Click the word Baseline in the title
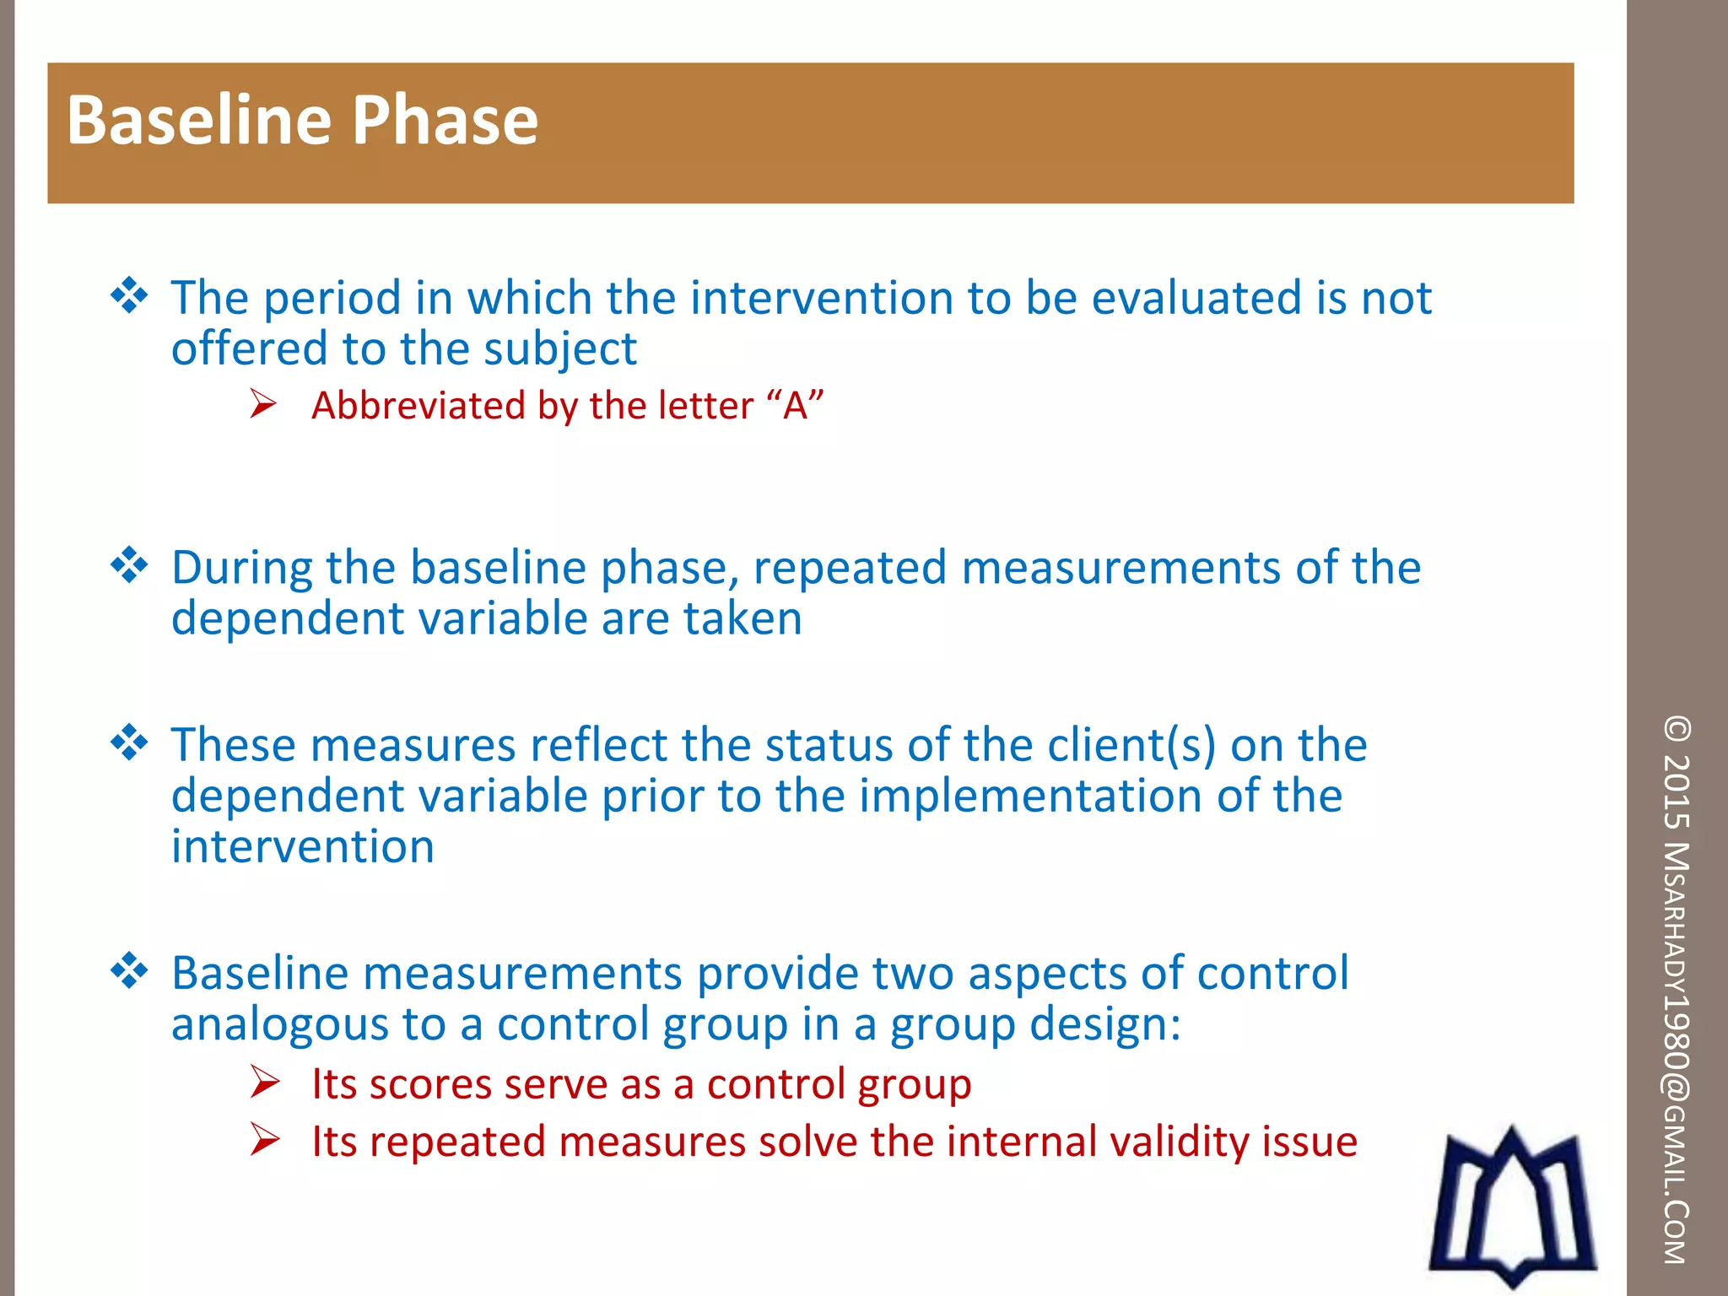coord(200,120)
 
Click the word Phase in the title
coord(445,120)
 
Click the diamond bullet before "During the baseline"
coord(129,565)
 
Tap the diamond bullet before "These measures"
coord(129,742)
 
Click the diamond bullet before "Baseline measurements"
coord(129,970)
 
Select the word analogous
coord(279,1024)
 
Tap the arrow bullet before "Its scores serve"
coord(264,1083)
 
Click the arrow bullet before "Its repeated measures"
coord(264,1140)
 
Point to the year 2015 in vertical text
coord(1677,790)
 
